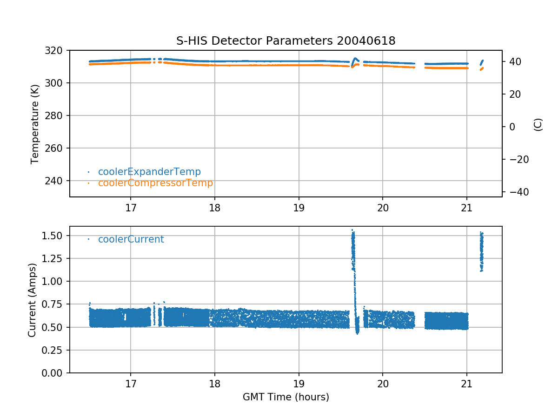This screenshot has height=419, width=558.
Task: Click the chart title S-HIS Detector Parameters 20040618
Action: point(286,41)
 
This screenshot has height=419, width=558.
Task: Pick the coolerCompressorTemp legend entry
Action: point(155,183)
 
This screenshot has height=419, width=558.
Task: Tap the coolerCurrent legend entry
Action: point(131,239)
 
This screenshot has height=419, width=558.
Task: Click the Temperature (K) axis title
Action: point(34,124)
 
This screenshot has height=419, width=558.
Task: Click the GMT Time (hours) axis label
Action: point(286,397)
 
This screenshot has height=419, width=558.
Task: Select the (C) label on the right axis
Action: point(538,124)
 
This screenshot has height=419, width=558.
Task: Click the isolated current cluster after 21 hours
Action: point(482,251)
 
